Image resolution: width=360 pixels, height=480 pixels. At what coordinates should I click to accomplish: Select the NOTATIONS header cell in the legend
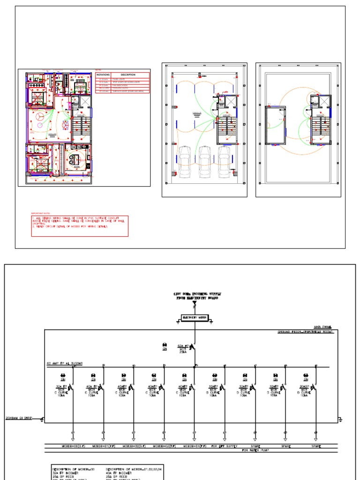(103, 75)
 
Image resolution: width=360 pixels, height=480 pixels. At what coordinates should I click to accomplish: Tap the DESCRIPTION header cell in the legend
(128, 75)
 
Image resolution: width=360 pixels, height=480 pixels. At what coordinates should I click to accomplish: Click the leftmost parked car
(185, 162)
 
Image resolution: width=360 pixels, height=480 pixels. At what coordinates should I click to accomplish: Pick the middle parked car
(204, 162)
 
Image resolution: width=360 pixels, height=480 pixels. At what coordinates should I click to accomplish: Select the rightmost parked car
(224, 162)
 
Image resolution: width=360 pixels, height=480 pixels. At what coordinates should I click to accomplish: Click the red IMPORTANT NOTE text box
(80, 226)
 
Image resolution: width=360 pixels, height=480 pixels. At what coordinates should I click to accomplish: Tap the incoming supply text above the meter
(197, 295)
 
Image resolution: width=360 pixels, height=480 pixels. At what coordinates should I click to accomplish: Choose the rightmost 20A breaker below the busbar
(313, 389)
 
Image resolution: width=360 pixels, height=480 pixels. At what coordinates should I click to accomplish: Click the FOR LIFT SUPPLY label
(224, 446)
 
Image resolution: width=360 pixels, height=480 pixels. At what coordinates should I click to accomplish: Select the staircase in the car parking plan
(227, 130)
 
